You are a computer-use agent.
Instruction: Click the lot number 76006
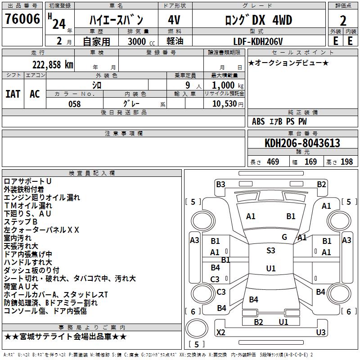pyautogui.click(x=22, y=19)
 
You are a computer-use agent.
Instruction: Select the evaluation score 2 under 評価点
pyautogui.click(x=343, y=20)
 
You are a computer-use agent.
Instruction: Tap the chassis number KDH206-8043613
pyautogui.click(x=302, y=144)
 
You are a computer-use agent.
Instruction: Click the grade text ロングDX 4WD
pyautogui.click(x=258, y=20)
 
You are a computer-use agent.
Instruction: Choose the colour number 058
pyautogui.click(x=74, y=104)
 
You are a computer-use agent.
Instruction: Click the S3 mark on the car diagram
pyautogui.click(x=270, y=251)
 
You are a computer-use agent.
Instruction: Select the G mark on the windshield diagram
pyautogui.click(x=284, y=237)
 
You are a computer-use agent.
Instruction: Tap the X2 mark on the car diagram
pyautogui.click(x=221, y=332)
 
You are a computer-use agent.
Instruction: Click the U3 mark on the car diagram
pyautogui.click(x=320, y=332)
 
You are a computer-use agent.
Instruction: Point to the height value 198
pyautogui.click(x=346, y=162)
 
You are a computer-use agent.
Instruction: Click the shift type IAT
pyautogui.click(x=13, y=94)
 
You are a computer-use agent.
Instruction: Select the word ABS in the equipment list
pyautogui.click(x=258, y=121)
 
